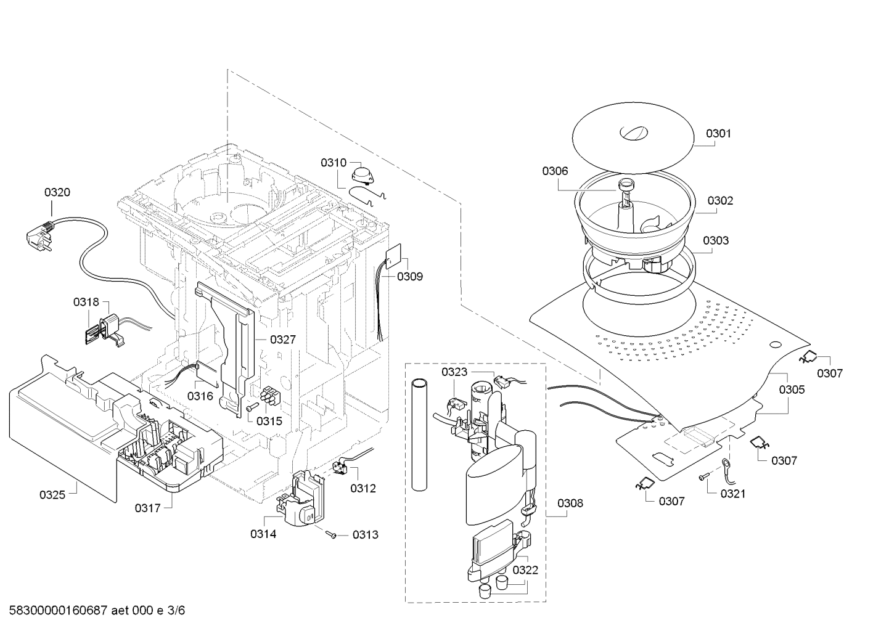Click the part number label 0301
click(x=718, y=134)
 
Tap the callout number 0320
click(x=57, y=192)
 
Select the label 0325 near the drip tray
click(x=52, y=495)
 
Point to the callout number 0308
click(x=570, y=503)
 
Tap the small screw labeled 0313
click(x=330, y=535)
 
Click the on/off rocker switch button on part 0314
click(x=310, y=516)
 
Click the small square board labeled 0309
click(x=394, y=255)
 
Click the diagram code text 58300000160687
click(x=58, y=610)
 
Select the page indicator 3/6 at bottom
click(x=176, y=610)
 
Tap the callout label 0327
click(x=283, y=340)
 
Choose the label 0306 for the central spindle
click(x=555, y=171)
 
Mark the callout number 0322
click(x=525, y=570)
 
